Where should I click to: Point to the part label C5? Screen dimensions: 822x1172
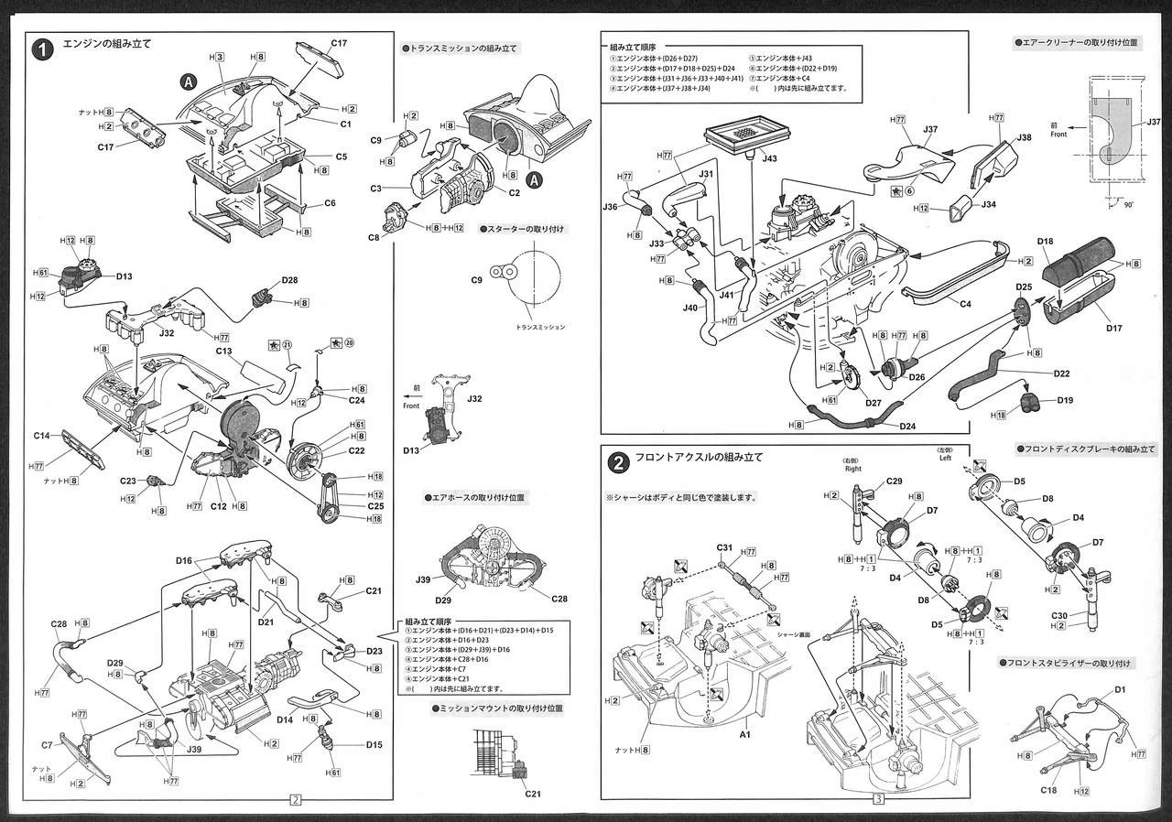coord(341,157)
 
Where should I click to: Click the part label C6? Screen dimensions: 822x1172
coord(330,204)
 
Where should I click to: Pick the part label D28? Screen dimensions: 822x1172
coord(289,280)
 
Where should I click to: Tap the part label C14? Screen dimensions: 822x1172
coord(42,436)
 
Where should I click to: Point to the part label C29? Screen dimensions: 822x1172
coord(895,481)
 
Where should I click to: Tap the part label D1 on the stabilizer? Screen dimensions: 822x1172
coord(1120,689)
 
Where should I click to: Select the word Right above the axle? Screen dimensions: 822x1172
coord(853,468)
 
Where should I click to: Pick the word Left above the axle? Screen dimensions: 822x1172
coord(945,458)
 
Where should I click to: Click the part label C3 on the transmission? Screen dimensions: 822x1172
coord(375,189)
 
